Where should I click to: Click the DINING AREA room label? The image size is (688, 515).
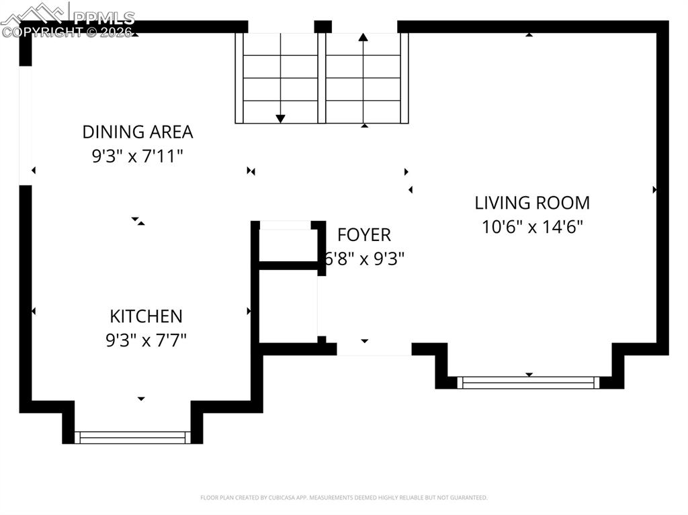tap(138, 132)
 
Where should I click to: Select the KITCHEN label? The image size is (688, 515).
tap(146, 316)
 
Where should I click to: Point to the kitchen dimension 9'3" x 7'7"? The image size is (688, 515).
tap(146, 340)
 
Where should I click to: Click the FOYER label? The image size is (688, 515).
tap(363, 235)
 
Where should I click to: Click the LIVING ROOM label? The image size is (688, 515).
tap(532, 203)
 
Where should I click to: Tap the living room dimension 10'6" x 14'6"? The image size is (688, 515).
tap(532, 227)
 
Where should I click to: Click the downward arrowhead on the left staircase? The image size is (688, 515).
tap(280, 119)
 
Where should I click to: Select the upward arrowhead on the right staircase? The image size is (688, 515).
tap(363, 38)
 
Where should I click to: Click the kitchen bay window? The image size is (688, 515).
tap(132, 438)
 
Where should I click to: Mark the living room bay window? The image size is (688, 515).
tap(529, 383)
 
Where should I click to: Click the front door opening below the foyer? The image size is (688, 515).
tap(374, 349)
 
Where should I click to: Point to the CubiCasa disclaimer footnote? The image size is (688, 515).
tap(344, 498)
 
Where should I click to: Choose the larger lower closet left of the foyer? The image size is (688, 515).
tap(288, 306)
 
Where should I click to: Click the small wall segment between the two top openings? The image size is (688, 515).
tap(323, 27)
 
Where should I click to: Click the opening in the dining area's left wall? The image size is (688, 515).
tap(26, 126)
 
